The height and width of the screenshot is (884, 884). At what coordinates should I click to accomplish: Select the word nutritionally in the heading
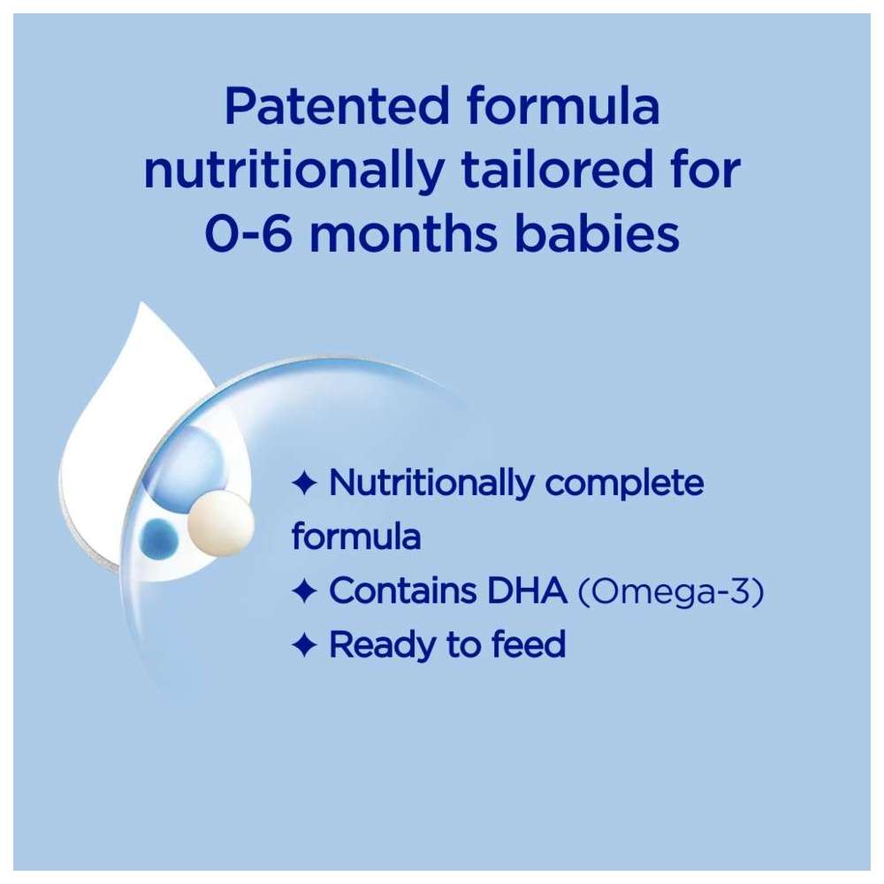tap(290, 172)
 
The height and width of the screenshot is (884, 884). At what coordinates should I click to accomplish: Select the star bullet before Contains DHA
tap(304, 592)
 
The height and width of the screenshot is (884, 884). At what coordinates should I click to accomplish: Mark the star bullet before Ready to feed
tap(304, 646)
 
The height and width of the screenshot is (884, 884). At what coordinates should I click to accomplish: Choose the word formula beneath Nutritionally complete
tap(355, 537)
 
